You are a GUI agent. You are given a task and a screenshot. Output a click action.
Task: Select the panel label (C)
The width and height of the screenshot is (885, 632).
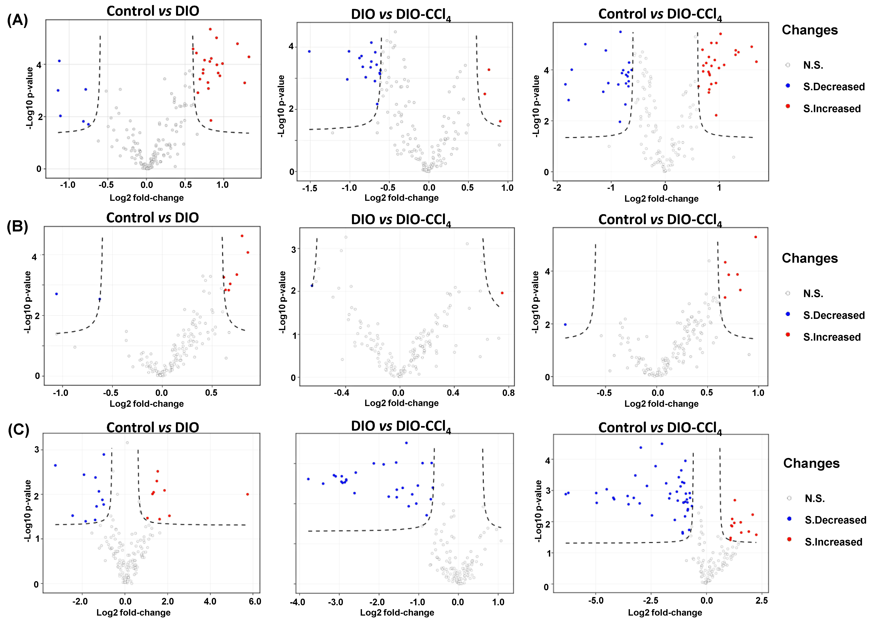coord(18,430)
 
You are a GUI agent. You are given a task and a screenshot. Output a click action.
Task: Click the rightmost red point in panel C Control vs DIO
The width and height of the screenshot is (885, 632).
coord(248,494)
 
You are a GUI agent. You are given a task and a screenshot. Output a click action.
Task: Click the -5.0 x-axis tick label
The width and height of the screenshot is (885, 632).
coord(595,600)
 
